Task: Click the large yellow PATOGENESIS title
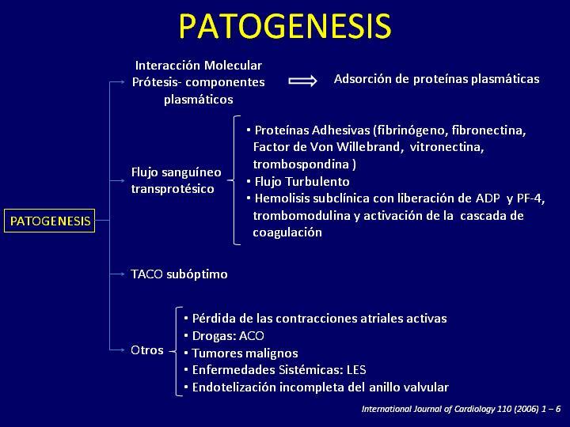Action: click(285, 26)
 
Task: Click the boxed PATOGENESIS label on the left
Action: click(49, 221)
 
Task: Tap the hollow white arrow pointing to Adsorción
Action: click(302, 81)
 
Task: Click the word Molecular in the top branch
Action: click(233, 66)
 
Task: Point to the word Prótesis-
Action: click(157, 82)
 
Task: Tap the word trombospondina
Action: click(301, 164)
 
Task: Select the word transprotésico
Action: click(173, 189)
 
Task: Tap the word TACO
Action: click(146, 274)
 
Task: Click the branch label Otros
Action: click(147, 350)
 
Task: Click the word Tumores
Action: click(217, 353)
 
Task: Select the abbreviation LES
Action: click(356, 370)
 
